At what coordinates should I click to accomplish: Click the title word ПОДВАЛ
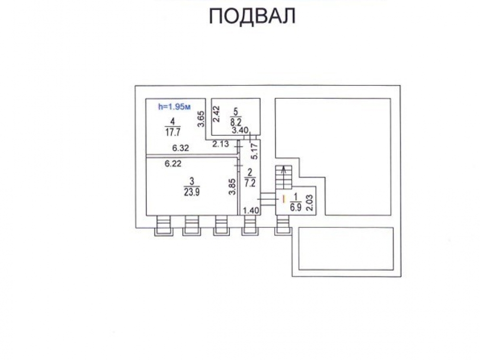click(252, 16)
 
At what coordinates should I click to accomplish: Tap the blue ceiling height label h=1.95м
click(174, 107)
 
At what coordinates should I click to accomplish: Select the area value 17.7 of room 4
click(173, 132)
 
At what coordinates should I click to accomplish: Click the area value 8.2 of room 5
click(236, 122)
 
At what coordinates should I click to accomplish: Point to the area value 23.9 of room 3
click(192, 192)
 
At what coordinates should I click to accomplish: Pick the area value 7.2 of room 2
click(250, 183)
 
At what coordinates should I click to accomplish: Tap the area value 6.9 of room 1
click(296, 207)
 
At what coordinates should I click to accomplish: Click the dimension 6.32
click(180, 148)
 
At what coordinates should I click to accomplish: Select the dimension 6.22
click(173, 164)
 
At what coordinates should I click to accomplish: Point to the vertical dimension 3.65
click(201, 119)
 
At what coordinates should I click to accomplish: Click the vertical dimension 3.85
click(232, 187)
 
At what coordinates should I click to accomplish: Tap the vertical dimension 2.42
click(216, 114)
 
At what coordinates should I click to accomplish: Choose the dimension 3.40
click(240, 131)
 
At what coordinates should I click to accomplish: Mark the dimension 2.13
click(221, 144)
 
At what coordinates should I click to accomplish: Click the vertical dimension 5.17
click(254, 151)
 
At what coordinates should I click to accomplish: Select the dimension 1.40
click(251, 210)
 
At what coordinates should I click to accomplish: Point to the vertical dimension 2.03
click(310, 203)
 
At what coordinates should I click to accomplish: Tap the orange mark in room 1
click(284, 199)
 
